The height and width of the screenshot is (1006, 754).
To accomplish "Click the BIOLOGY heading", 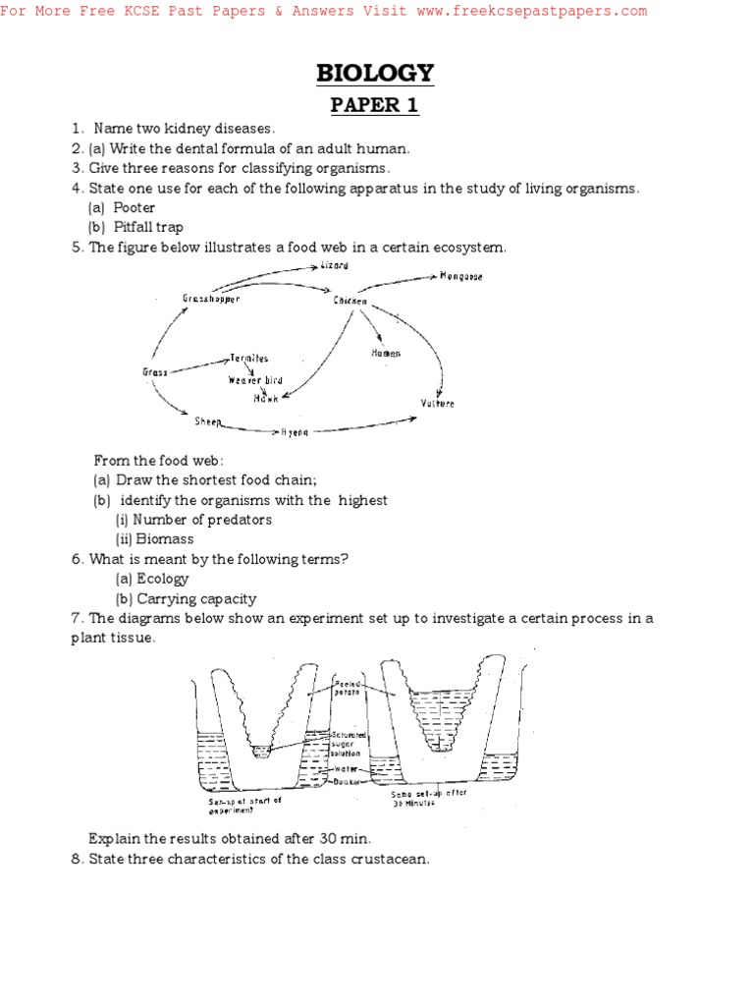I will click(374, 73).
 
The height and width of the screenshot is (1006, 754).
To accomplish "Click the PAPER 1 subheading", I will click(374, 105).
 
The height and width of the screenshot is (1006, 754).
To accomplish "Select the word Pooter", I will click(135, 207).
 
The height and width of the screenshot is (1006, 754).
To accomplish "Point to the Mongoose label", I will click(460, 277).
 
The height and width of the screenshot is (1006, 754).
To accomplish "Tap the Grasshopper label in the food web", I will click(210, 298).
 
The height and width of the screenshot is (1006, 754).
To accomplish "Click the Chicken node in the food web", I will click(350, 301).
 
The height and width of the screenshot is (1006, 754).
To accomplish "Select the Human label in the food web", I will click(386, 353).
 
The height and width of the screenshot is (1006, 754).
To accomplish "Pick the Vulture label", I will click(438, 404).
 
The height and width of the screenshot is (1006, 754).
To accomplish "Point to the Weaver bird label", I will click(255, 380).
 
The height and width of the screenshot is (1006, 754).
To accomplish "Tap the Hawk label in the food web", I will click(266, 398).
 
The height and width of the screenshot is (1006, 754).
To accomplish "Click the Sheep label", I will click(208, 421).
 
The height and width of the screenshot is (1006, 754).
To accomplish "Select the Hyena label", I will click(296, 431).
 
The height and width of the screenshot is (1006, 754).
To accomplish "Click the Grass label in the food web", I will click(154, 372).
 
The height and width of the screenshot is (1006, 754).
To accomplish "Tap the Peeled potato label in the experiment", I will click(349, 688).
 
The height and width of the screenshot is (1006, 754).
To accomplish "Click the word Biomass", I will click(165, 539).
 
